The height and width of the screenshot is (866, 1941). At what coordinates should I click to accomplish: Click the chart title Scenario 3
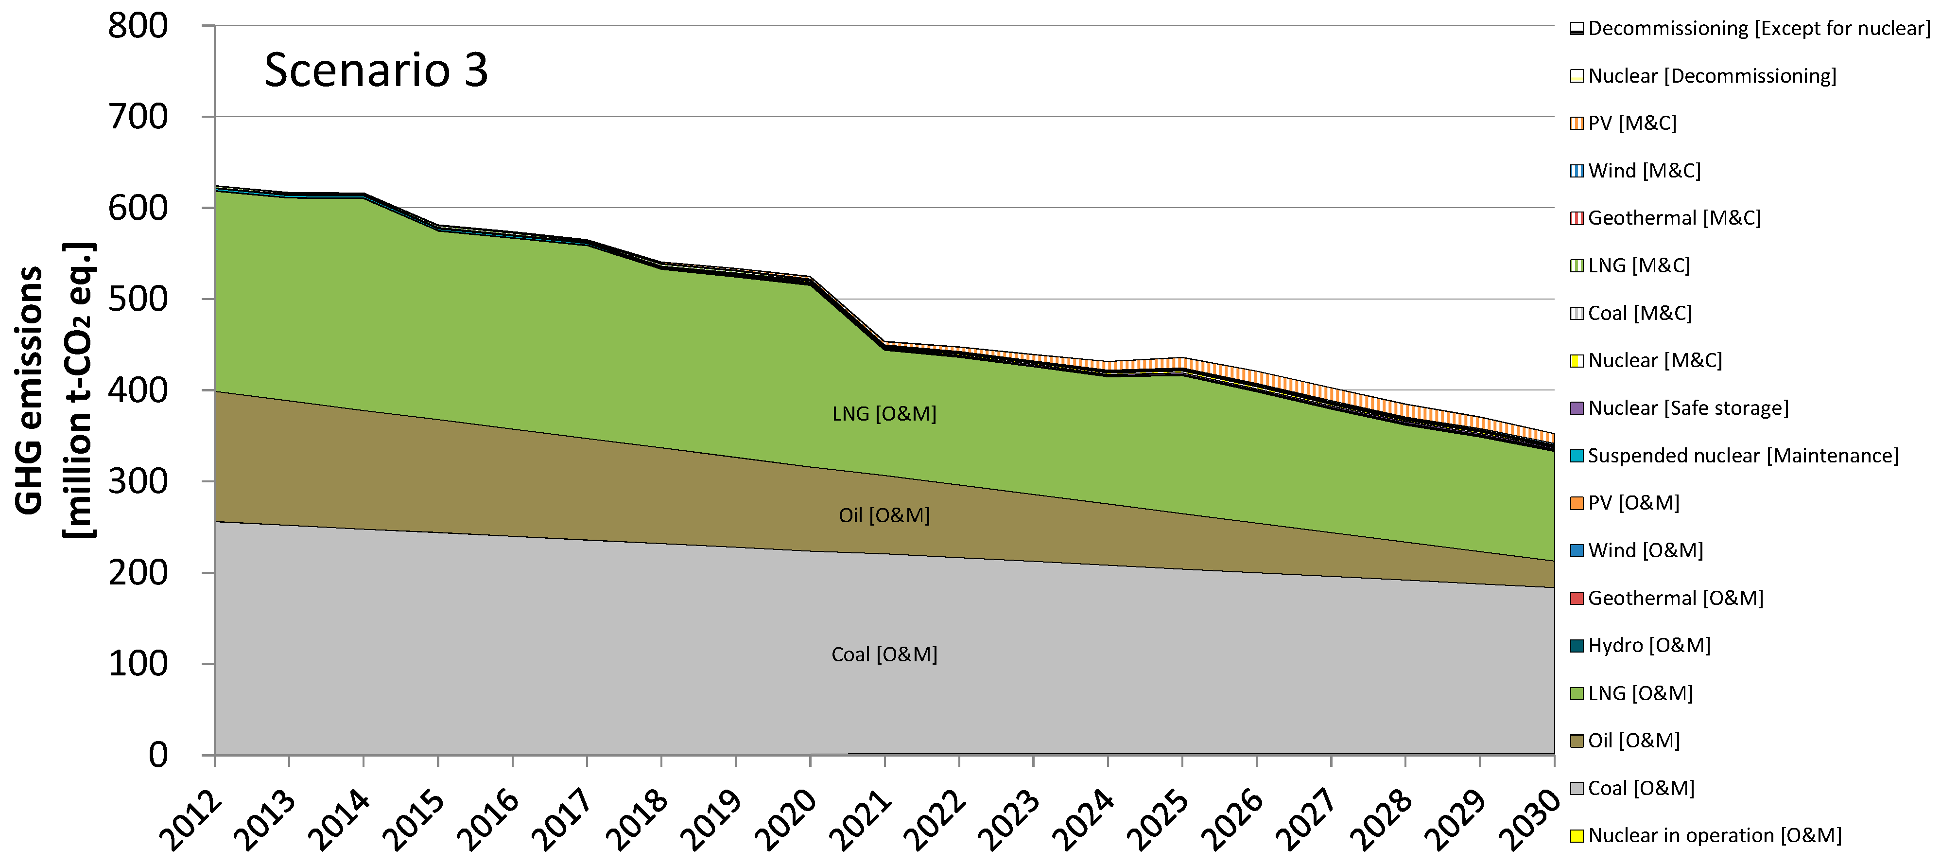pos(376,70)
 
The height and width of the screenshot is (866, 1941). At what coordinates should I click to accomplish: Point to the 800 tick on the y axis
pos(138,26)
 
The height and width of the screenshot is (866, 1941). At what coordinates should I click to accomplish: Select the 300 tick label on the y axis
pos(138,481)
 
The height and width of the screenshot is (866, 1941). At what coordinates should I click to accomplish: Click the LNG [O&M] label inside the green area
pos(884,414)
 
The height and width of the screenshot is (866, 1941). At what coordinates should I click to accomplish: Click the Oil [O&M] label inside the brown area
pos(884,515)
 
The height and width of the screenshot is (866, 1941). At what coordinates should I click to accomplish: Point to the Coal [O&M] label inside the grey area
pos(884,654)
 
